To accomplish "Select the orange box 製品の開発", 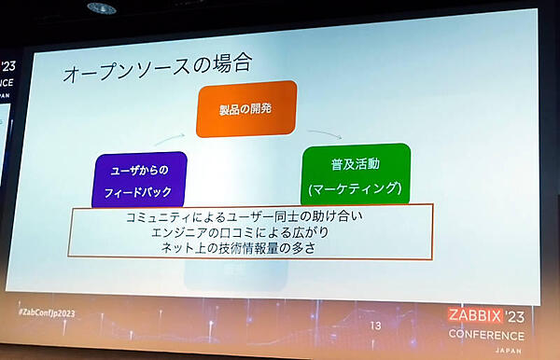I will [245, 108].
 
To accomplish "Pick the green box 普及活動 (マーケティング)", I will [356, 174].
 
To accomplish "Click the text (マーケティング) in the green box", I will [356, 188].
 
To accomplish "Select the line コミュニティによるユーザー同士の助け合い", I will [248, 217].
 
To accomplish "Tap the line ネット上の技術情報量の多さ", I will [247, 249].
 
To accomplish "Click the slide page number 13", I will [376, 325].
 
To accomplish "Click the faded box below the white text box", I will [209, 272].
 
